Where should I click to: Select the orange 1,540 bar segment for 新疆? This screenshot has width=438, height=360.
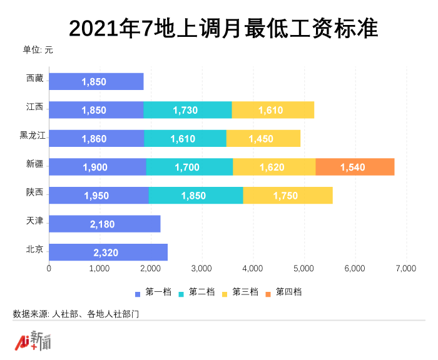(x=355, y=167)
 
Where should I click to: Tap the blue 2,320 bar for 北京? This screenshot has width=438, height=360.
(x=108, y=252)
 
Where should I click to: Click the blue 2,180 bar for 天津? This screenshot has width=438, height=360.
(x=104, y=224)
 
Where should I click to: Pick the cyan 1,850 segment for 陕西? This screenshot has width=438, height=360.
(x=196, y=196)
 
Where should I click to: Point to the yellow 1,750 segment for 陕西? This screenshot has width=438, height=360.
(x=288, y=196)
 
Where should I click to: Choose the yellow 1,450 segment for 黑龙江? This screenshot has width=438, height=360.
(x=263, y=139)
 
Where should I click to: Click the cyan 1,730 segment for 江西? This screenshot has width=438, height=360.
(x=188, y=110)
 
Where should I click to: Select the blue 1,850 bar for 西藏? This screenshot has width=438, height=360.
(x=96, y=81)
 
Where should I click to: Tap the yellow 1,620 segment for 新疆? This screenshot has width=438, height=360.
(x=274, y=167)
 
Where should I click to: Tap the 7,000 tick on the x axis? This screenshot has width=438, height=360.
(x=405, y=269)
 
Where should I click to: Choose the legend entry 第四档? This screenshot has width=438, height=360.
(x=284, y=292)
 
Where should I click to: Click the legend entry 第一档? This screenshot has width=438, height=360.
(x=153, y=292)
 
